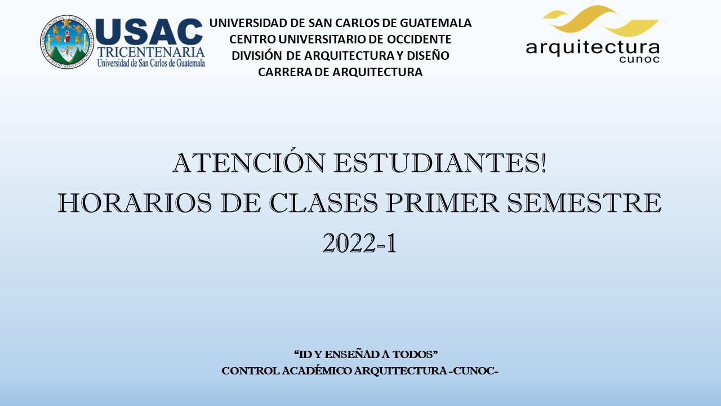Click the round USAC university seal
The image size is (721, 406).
[67, 42]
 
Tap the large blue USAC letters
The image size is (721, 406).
[149, 32]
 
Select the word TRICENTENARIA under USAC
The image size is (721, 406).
[151, 52]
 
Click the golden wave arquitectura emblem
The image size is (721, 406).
[600, 21]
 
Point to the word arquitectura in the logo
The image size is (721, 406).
[593, 48]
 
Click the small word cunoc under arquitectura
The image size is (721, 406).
[639, 59]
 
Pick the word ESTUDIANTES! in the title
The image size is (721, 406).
[440, 163]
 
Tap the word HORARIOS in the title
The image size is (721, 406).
[135, 202]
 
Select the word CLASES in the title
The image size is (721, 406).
[323, 202]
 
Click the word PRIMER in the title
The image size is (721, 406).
[442, 202]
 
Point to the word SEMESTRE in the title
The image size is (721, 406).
[584, 202]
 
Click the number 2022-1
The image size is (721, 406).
[359, 243]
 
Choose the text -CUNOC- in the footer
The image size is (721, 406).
[474, 371]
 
